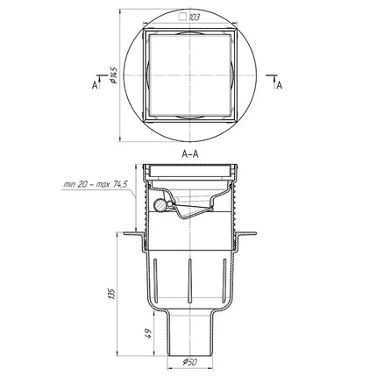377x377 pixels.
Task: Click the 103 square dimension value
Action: [x=195, y=18]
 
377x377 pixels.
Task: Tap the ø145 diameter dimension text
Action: [x=114, y=75]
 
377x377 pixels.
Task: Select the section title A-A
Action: [x=190, y=154]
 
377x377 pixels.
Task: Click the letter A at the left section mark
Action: [x=95, y=85]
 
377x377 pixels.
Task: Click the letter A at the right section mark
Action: [x=280, y=85]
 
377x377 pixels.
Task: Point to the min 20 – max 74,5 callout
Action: [x=96, y=185]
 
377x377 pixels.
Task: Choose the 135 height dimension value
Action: [x=112, y=293]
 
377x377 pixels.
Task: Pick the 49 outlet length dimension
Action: [x=149, y=333]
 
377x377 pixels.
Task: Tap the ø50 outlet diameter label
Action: [x=189, y=362]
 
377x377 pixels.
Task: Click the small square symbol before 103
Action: [x=183, y=18]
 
